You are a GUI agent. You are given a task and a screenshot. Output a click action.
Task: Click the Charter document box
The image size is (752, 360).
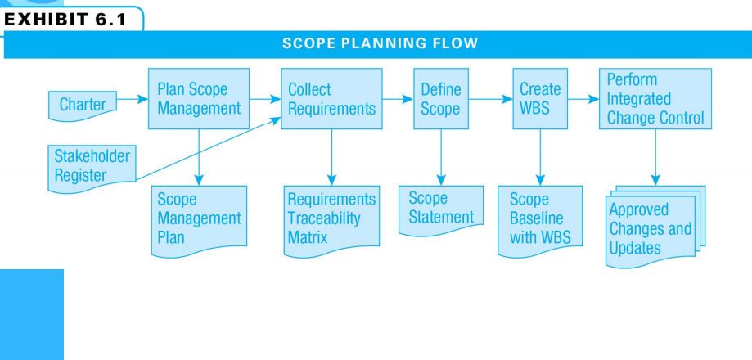click(x=83, y=104)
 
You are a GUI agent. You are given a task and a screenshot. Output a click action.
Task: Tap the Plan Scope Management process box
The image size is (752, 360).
click(x=198, y=98)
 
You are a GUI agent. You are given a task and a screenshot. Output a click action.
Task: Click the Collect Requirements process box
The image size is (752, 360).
click(x=331, y=98)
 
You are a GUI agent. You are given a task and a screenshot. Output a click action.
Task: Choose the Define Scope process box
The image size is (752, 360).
click(x=440, y=98)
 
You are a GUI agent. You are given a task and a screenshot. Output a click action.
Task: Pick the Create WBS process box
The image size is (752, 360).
click(x=540, y=98)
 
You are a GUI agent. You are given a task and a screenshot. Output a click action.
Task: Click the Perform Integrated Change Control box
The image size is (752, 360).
click(x=655, y=98)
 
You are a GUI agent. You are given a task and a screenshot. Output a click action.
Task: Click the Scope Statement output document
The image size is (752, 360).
click(x=440, y=209)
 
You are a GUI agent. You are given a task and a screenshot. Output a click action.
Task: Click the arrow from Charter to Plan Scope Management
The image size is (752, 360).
click(x=131, y=101)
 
